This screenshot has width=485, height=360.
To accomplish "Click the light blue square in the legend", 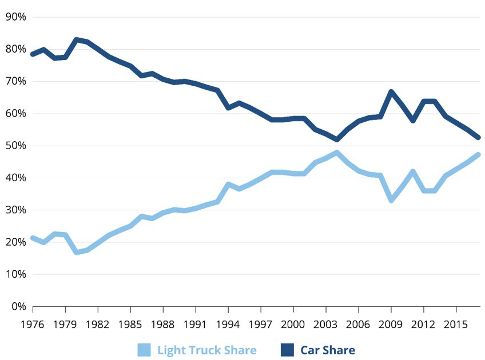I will click(144, 350).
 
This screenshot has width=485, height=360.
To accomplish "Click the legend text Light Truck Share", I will click(207, 350).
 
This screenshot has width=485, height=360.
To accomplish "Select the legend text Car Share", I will click(328, 350).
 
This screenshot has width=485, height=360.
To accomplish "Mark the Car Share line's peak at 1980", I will click(76, 40).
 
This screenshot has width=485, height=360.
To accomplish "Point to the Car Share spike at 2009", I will click(391, 91).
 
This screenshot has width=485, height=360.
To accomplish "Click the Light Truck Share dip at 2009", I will click(391, 200).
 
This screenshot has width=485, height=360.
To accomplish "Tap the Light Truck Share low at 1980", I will click(76, 252).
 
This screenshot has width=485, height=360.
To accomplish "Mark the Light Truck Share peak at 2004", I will click(337, 153).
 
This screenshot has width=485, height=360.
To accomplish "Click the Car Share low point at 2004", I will click(337, 139).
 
